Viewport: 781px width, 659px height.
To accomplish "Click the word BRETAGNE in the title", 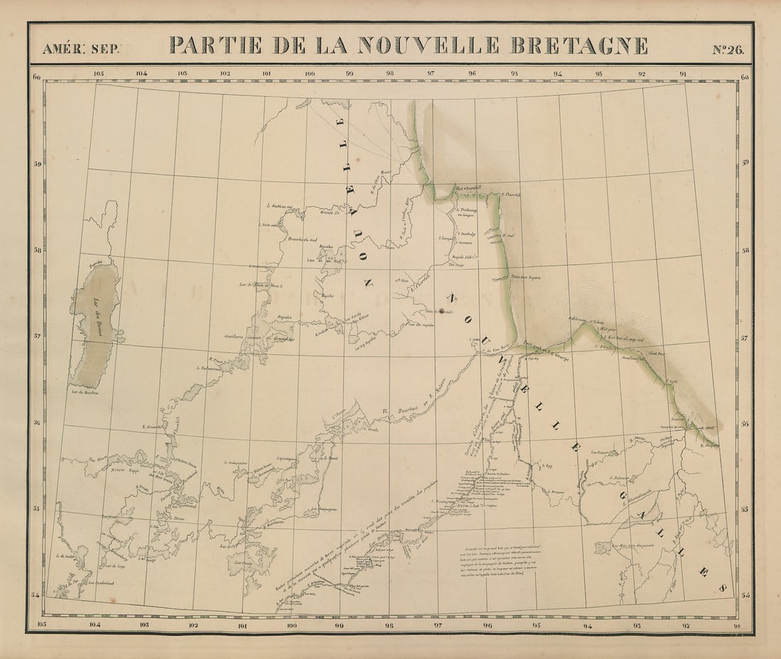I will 579,45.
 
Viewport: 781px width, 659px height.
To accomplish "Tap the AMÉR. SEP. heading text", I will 81,49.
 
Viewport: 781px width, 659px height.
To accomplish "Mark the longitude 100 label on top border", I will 310,73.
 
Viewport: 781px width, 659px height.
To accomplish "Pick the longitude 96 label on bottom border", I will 487,626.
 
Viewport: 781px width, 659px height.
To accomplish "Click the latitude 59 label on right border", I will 744,163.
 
